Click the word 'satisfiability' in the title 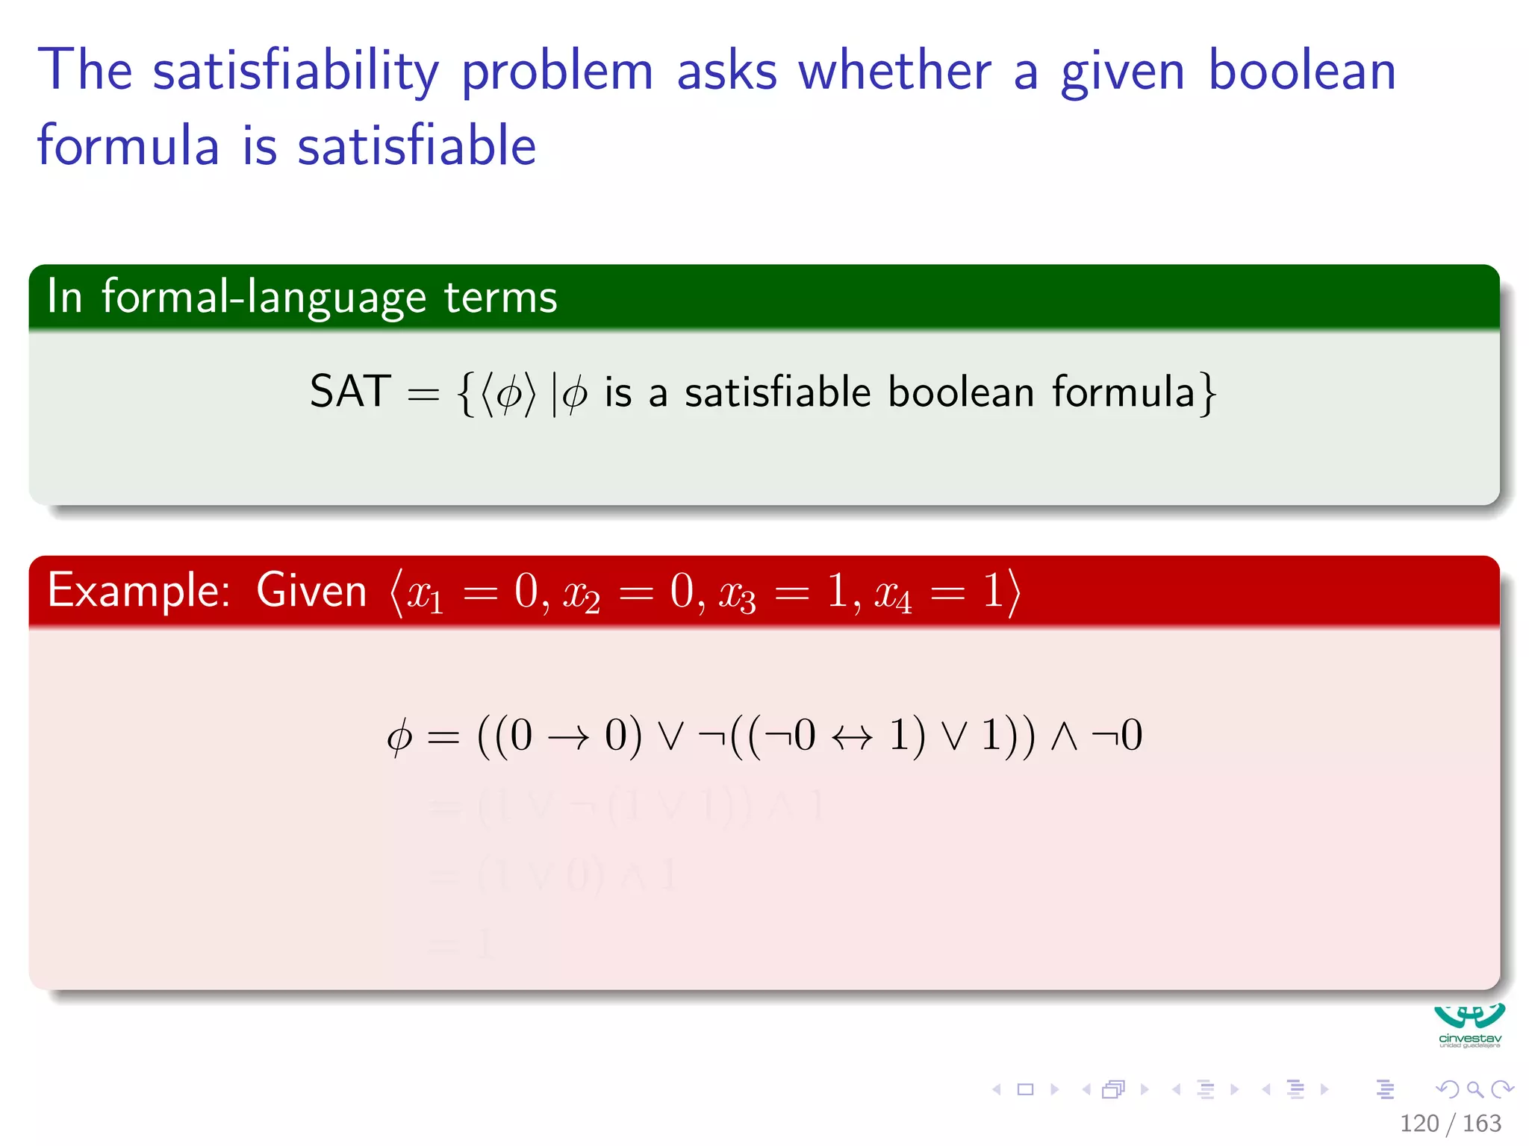tap(296, 71)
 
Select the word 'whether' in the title tap(894, 71)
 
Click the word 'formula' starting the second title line tap(128, 145)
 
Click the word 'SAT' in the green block tap(350, 391)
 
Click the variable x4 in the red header tap(893, 595)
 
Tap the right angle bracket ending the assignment tap(1013, 592)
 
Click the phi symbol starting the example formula tap(399, 736)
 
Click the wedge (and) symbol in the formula tap(1064, 736)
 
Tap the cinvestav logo tap(1469, 1025)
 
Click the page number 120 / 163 tap(1449, 1123)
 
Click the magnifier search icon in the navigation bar tap(1474, 1089)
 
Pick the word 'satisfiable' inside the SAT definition tap(777, 392)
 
